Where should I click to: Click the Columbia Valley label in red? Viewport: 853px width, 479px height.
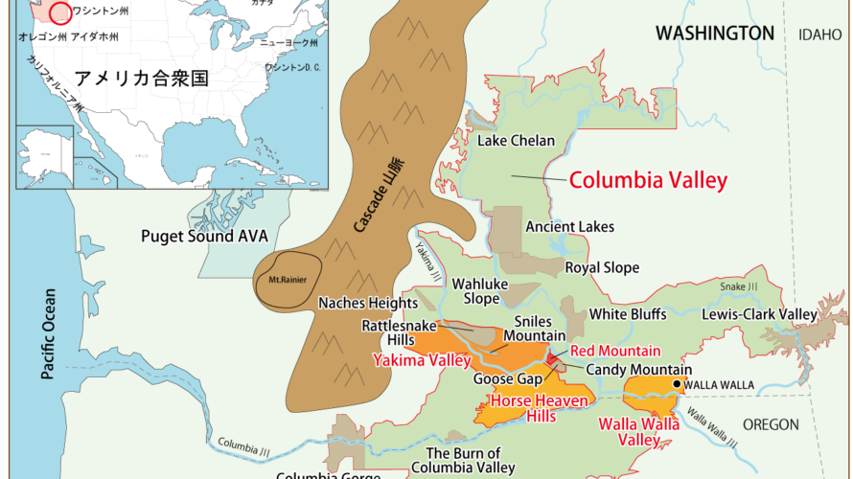point(648,180)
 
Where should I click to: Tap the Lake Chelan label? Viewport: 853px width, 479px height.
point(516,141)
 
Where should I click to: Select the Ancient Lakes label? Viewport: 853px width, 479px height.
point(569,227)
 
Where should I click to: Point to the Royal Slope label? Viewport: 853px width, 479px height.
point(601,268)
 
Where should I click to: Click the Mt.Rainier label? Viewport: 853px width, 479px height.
point(279,281)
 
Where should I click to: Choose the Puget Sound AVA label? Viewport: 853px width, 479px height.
point(204,236)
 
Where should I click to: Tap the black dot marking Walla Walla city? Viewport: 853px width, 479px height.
point(678,385)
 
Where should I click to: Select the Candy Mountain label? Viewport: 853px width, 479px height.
point(638,370)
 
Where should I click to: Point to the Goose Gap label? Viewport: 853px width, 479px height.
point(508,379)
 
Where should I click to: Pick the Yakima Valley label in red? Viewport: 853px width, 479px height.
point(422,361)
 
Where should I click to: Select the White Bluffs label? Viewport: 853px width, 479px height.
point(629,313)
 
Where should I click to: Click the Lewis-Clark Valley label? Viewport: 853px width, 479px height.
point(759,314)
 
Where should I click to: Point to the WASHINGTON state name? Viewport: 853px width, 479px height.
point(714,34)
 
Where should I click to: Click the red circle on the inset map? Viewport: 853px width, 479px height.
point(60,12)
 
